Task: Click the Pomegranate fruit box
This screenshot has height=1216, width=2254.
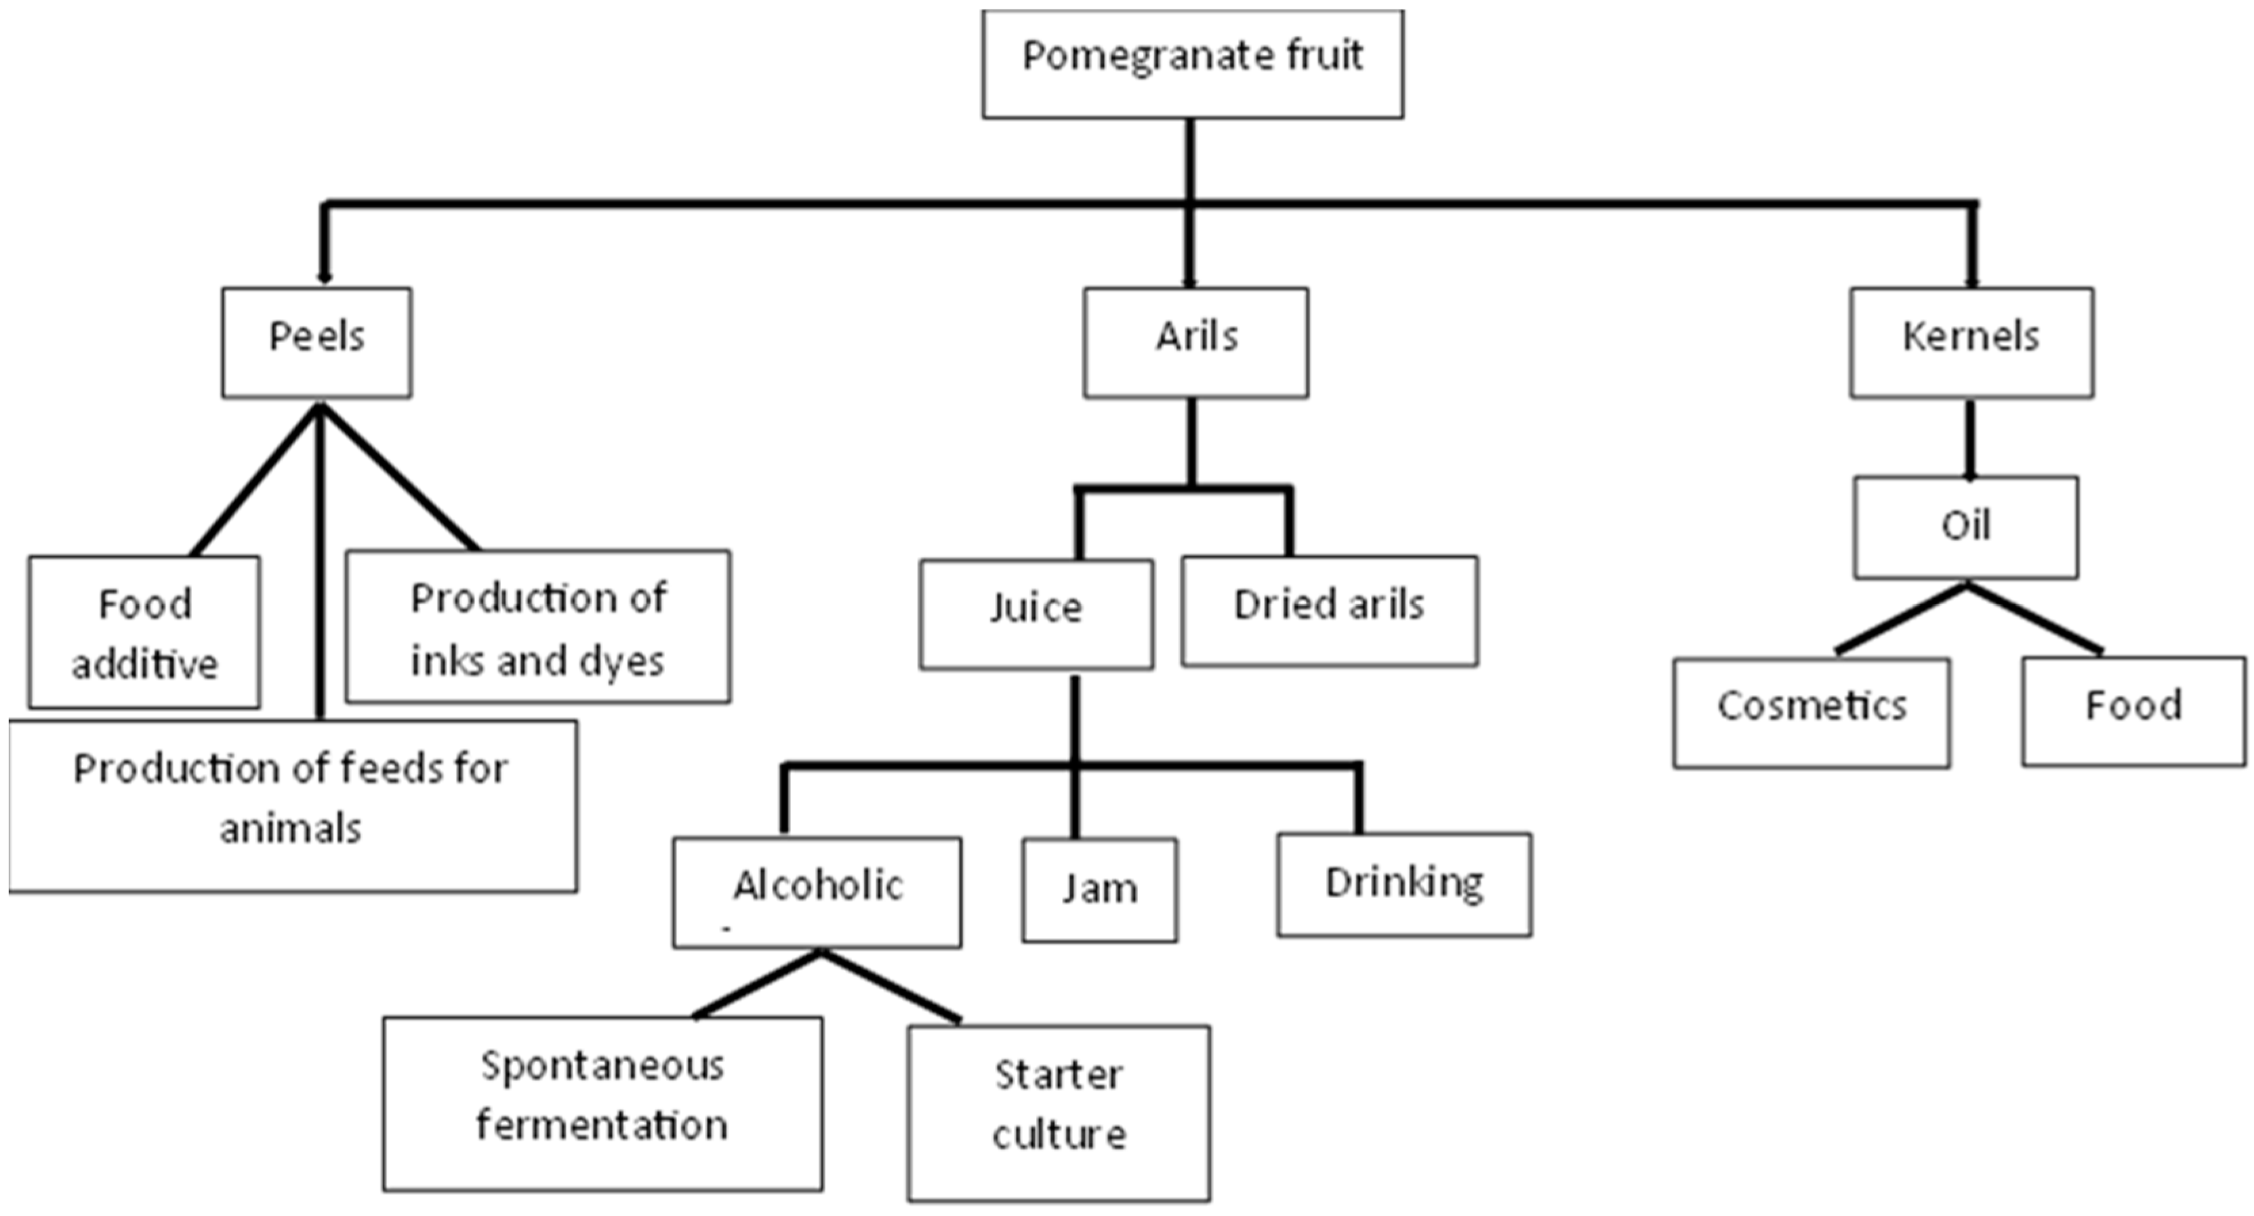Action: click(x=1192, y=64)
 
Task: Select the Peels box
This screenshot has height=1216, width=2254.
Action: click(x=316, y=342)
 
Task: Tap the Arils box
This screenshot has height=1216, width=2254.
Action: click(x=1195, y=342)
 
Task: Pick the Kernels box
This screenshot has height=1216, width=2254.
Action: click(x=1971, y=342)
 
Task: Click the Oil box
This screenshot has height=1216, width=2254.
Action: click(x=1965, y=527)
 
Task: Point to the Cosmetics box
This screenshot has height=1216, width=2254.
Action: click(x=1811, y=713)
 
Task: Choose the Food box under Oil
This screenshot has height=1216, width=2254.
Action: click(x=2133, y=711)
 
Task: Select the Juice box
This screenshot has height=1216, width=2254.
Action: click(x=1036, y=614)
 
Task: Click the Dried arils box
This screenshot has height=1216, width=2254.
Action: click(x=1329, y=611)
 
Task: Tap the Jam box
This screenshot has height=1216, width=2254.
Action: click(x=1099, y=890)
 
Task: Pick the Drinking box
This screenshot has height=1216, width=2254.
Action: click(x=1403, y=884)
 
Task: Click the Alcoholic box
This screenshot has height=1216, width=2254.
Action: click(x=817, y=891)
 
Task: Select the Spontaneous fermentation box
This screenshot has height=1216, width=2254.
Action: click(x=602, y=1103)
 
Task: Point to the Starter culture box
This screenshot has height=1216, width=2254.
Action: click(x=1059, y=1112)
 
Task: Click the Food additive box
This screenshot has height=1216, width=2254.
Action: click(x=144, y=632)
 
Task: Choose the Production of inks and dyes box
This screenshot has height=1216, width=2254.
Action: click(x=537, y=627)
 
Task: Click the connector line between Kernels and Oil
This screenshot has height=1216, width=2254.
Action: click(x=1969, y=437)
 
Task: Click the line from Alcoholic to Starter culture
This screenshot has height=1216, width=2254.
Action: click(x=890, y=986)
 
